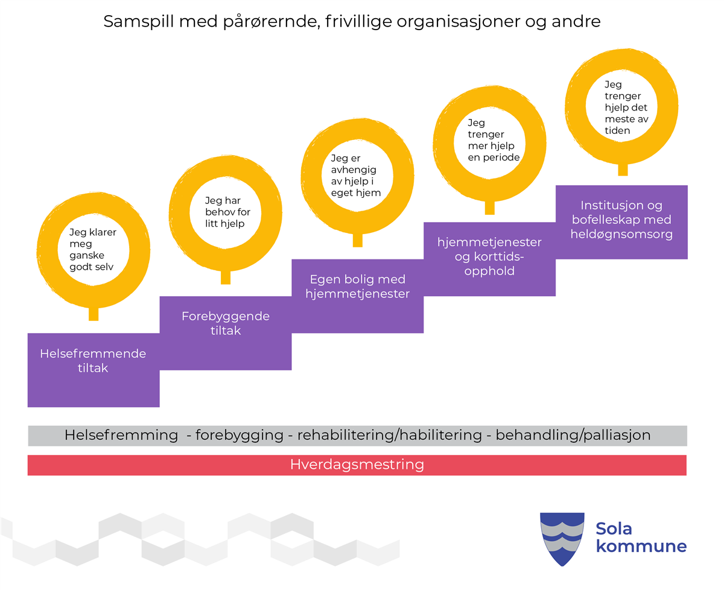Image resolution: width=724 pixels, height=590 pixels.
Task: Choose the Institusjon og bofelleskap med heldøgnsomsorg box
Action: click(x=621, y=220)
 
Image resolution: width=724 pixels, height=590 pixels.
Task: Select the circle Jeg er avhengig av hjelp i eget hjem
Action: click(x=357, y=175)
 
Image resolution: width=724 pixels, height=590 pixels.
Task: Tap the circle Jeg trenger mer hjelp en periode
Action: click(x=489, y=141)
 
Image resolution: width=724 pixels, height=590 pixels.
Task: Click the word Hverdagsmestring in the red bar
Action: click(x=357, y=465)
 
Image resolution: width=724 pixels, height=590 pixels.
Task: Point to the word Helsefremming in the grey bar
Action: click(x=121, y=435)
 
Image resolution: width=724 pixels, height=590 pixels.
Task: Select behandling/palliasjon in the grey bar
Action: click(x=573, y=435)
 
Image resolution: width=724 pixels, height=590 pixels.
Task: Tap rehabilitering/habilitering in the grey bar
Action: click(x=390, y=435)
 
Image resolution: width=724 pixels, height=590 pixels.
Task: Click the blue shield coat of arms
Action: click(x=562, y=538)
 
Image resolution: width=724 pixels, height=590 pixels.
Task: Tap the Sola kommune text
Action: click(x=641, y=538)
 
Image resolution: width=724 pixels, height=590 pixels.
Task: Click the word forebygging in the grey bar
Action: click(x=240, y=435)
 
